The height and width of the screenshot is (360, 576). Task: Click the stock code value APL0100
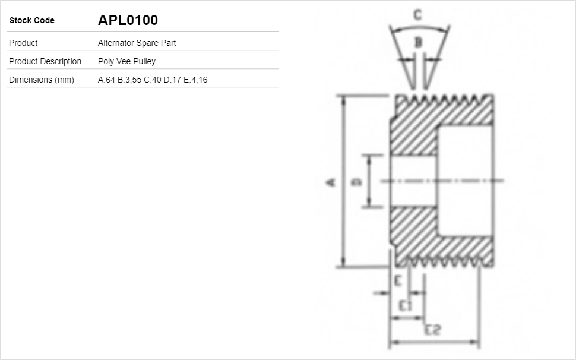(128, 20)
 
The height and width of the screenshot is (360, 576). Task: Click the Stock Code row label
(31, 21)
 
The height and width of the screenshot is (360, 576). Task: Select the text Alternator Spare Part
(137, 43)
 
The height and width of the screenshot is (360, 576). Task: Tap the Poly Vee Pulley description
(126, 61)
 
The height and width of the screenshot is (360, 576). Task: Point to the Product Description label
(45, 61)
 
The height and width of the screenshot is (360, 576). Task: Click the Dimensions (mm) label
(42, 80)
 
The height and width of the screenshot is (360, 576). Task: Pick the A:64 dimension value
(106, 80)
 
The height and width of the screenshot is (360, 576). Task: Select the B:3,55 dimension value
(129, 80)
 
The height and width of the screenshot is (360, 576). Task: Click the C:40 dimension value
(153, 80)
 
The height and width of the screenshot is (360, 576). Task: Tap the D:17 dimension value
(173, 80)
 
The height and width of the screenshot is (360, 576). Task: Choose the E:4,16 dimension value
(195, 80)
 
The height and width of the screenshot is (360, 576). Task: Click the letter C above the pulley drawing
(417, 15)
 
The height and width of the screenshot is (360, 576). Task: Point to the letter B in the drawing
(418, 42)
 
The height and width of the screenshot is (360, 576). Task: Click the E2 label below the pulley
(432, 330)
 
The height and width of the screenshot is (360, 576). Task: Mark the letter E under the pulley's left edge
(398, 280)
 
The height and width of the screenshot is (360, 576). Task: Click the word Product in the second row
(23, 43)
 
